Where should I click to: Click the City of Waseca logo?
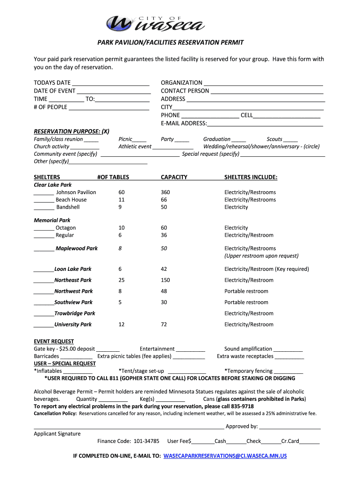[x=154, y=22]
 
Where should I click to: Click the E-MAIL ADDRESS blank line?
[x=265, y=124]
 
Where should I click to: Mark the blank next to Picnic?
[x=139, y=140]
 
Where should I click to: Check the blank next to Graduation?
[x=238, y=140]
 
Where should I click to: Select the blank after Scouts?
[x=290, y=140]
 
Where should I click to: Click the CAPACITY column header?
[x=174, y=177]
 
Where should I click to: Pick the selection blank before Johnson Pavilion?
[x=43, y=193]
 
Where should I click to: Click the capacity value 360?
[x=166, y=192]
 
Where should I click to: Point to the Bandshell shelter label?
[x=68, y=207]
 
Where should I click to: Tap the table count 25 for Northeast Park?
[x=122, y=280]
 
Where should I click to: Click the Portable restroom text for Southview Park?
[x=246, y=303]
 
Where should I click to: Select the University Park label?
[x=73, y=325]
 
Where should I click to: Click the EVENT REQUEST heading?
[x=54, y=341]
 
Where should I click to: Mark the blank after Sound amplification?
[x=288, y=349]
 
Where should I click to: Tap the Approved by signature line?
[x=290, y=427]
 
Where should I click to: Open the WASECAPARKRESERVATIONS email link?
[x=225, y=456]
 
